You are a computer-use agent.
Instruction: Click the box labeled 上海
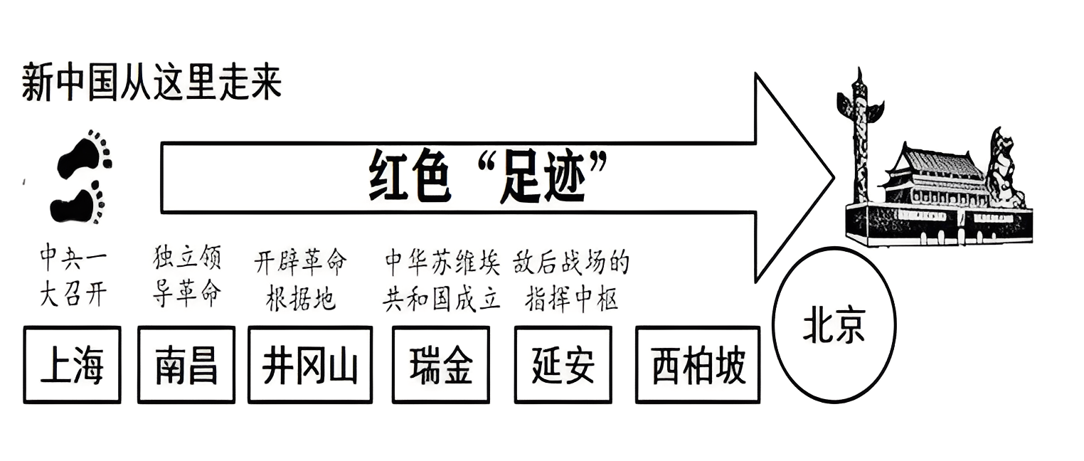pyautogui.click(x=72, y=365)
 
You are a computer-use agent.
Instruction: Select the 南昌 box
pyautogui.click(x=186, y=365)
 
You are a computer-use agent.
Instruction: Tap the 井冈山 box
pyautogui.click(x=309, y=365)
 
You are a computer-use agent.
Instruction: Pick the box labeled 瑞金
pyautogui.click(x=441, y=365)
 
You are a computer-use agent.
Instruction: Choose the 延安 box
pyautogui.click(x=563, y=365)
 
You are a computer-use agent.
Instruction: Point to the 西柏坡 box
pyautogui.click(x=697, y=365)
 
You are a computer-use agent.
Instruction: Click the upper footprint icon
pyautogui.click(x=85, y=154)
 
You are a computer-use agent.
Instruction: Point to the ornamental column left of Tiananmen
pyautogui.click(x=861, y=142)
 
